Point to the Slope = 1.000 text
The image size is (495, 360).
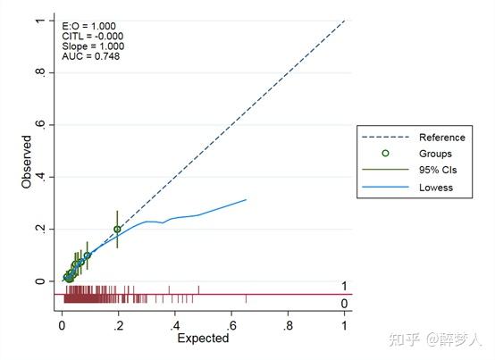tap(93, 46)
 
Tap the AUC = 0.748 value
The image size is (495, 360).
tap(91, 56)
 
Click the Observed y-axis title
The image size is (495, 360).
tap(27, 161)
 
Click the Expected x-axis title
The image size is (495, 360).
tap(203, 339)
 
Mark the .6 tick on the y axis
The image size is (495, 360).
tap(40, 123)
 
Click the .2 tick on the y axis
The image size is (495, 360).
tap(40, 229)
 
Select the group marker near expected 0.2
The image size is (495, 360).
tap(117, 230)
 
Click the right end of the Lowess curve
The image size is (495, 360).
tap(246, 199)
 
